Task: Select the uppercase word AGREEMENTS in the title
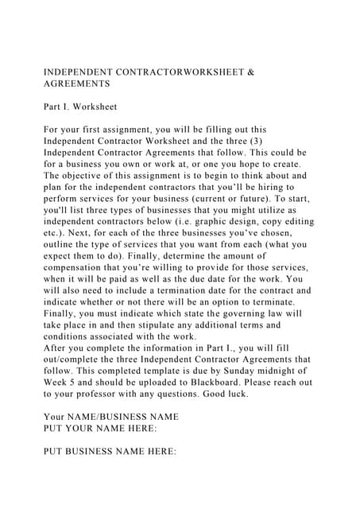click(76, 83)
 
